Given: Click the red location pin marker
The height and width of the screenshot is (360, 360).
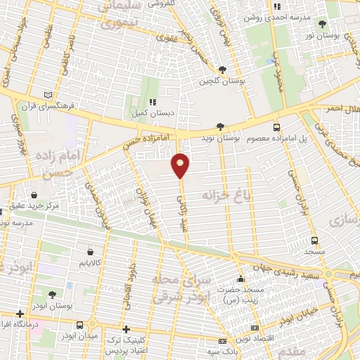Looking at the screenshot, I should tap(181, 165).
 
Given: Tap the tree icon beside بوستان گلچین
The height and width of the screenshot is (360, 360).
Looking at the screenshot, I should tap(222, 69).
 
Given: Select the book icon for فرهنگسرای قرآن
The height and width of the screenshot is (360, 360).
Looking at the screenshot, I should tap(49, 95).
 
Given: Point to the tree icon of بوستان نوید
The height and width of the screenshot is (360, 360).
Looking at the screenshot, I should tap(221, 127).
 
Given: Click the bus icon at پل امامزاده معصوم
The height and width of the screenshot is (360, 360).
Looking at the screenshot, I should tap(276, 127).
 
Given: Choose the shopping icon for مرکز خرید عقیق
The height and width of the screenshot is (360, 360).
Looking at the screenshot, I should tap(35, 195).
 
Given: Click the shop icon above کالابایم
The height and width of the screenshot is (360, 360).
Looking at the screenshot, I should tap(90, 251).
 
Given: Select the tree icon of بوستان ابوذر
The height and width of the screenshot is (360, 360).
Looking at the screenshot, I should tap(53, 294).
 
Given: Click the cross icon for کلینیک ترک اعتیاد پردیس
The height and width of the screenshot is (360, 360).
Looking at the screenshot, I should tap(126, 329).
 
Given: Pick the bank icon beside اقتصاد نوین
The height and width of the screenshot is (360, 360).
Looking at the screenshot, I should tap(254, 328).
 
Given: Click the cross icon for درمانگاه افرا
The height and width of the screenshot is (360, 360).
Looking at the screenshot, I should tap(20, 313).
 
